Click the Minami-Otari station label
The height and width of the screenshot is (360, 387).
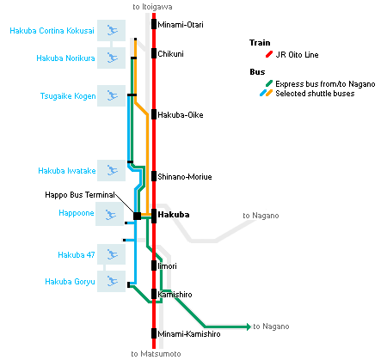click(181, 25)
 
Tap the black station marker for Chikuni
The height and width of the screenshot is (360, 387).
click(154, 53)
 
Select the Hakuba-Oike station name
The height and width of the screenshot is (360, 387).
click(181, 115)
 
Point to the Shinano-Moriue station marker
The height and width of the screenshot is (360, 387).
click(154, 176)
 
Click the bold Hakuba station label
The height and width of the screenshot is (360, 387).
click(174, 215)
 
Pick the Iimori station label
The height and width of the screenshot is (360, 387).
click(167, 266)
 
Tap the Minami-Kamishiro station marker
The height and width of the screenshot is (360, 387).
click(154, 333)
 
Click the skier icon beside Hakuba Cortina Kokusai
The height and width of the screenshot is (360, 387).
click(112, 30)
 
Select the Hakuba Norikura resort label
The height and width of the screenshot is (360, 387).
click(65, 58)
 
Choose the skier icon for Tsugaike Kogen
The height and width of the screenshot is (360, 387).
click(112, 95)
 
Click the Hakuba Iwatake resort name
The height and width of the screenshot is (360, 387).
click(67, 171)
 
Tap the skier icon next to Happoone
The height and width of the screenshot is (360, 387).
click(110, 214)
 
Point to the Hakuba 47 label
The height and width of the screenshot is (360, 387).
click(77, 255)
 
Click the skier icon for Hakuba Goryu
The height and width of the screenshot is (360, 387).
click(112, 281)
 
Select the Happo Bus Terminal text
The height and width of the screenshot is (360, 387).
click(80, 195)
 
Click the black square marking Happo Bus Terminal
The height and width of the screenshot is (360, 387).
click(137, 216)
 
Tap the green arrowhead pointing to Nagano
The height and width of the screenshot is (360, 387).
click(249, 326)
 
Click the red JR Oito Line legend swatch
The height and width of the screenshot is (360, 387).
click(269, 54)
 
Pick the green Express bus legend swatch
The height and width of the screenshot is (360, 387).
click(269, 83)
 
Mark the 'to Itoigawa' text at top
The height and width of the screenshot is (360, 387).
click(152, 7)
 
